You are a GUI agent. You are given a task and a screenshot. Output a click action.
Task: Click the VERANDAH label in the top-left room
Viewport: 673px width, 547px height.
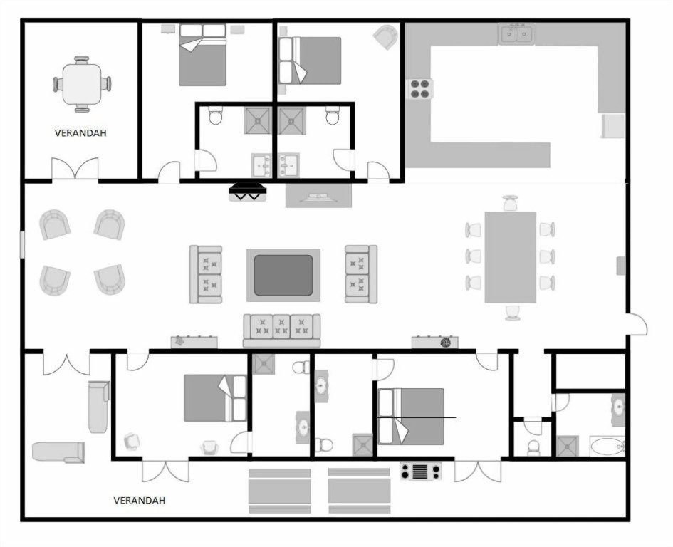(x=80, y=132)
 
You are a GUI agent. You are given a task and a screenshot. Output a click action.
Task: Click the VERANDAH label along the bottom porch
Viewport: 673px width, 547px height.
(x=140, y=500)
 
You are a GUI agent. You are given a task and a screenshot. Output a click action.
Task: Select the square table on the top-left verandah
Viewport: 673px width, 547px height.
(x=82, y=83)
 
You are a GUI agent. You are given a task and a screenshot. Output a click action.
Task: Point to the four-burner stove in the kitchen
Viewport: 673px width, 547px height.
(x=419, y=88)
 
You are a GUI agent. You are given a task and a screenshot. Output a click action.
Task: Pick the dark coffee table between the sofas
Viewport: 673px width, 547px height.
(x=283, y=274)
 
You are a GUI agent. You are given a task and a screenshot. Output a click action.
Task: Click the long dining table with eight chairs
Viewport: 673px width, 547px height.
(x=510, y=257)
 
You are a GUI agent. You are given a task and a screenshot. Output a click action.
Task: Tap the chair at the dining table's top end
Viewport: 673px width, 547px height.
(x=510, y=203)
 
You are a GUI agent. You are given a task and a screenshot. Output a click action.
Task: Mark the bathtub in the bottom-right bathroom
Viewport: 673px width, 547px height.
(x=607, y=447)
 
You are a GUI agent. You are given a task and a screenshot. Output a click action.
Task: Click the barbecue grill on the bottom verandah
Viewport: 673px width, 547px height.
(x=420, y=471)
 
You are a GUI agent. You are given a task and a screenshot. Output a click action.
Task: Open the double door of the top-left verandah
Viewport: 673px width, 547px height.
(x=75, y=170)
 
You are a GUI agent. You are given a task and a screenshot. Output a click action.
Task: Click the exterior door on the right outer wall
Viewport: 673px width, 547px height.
(x=637, y=324)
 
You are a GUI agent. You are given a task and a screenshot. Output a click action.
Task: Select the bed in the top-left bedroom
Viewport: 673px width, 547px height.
(x=202, y=54)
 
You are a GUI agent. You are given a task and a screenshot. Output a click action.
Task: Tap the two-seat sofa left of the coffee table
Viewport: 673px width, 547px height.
(x=206, y=274)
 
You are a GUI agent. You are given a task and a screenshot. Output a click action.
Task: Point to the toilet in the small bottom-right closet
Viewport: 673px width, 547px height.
(x=533, y=447)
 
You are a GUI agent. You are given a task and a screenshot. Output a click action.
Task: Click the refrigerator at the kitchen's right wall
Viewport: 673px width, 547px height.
(x=613, y=125)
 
